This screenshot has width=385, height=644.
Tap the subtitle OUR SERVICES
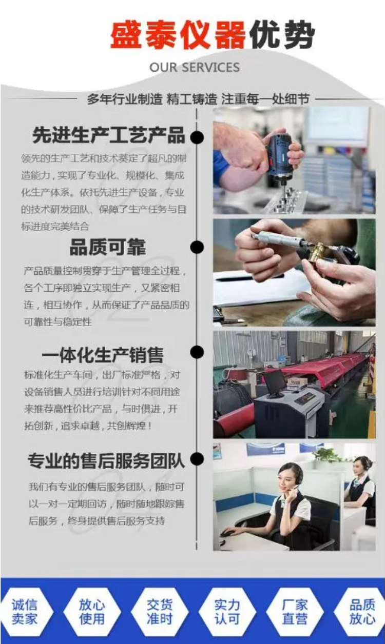click(195, 68)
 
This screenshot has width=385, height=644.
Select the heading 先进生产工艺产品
click(108, 135)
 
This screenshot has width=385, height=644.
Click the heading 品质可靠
click(108, 247)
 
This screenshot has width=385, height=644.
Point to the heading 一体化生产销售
click(103, 355)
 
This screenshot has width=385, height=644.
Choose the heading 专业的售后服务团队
click(106, 461)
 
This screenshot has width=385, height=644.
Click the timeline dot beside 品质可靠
click(197, 247)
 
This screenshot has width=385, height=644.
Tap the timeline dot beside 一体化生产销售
click(197, 352)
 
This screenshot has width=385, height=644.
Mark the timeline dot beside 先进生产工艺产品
click(197, 137)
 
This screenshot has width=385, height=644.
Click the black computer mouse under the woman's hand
click(228, 534)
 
